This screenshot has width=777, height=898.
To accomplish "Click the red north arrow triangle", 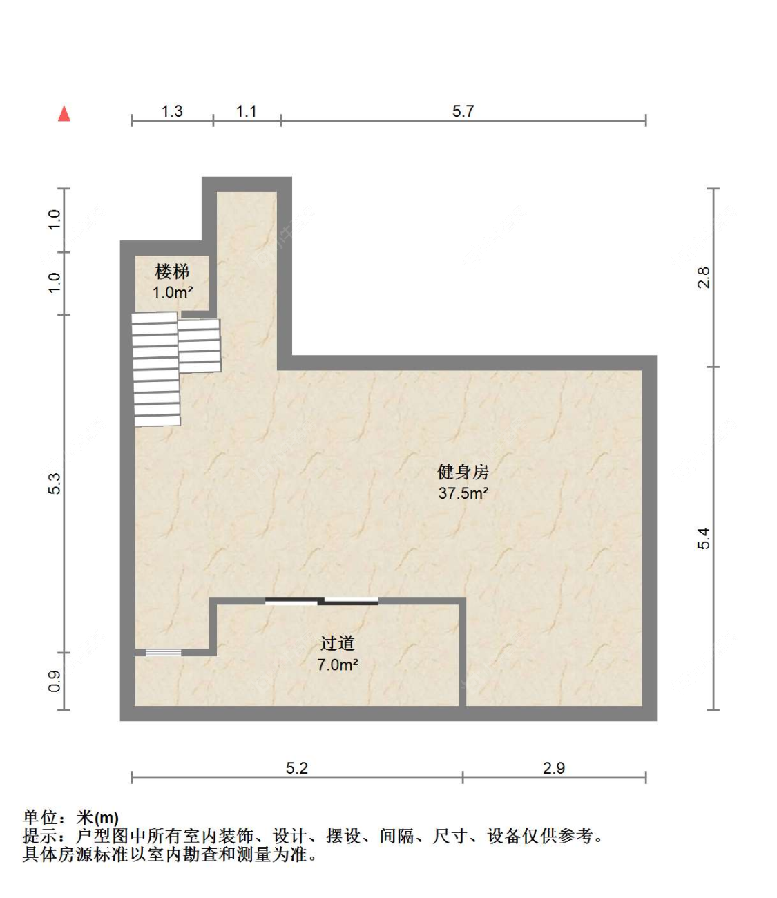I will (x=64, y=113).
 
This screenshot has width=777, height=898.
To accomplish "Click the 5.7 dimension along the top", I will (x=463, y=111).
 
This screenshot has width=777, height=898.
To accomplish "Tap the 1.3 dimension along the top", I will (x=172, y=111).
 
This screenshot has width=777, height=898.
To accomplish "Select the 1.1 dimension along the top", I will (x=247, y=111).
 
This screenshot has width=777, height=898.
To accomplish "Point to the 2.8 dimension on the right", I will (x=703, y=278).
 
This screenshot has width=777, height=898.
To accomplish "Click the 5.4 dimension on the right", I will (x=703, y=538).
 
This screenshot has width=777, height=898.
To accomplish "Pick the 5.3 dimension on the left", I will (x=55, y=483).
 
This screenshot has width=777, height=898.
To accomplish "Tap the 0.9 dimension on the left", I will (x=55, y=681).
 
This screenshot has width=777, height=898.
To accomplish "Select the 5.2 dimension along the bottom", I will (x=297, y=768).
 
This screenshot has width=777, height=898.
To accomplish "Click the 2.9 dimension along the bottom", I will (x=554, y=768).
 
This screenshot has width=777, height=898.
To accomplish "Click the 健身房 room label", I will (x=463, y=472).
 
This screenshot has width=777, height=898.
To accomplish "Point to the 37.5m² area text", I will (x=463, y=493).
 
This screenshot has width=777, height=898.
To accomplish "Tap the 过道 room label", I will (x=337, y=643).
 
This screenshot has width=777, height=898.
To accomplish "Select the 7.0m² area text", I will (x=337, y=665).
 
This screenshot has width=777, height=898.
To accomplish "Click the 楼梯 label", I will (x=172, y=271).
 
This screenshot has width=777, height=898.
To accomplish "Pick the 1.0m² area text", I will (x=172, y=292).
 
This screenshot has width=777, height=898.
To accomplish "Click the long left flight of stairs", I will (x=156, y=369).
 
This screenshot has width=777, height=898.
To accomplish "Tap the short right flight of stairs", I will (x=200, y=345).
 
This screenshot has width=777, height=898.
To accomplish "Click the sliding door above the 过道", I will (x=322, y=600).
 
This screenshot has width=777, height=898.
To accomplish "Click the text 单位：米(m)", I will (x=70, y=818).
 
